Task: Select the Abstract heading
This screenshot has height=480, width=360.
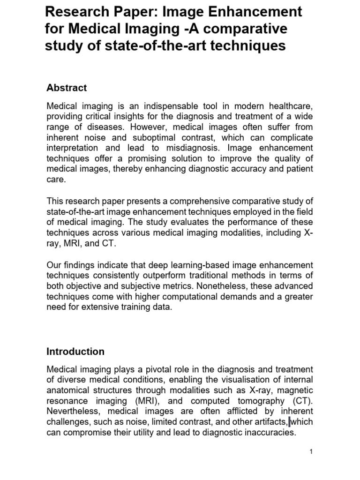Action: pyautogui.click(x=67, y=88)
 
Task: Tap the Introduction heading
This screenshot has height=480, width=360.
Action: pyautogui.click(x=75, y=351)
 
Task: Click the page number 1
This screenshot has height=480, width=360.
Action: pyautogui.click(x=311, y=451)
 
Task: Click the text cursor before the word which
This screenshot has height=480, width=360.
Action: pyautogui.click(x=290, y=422)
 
